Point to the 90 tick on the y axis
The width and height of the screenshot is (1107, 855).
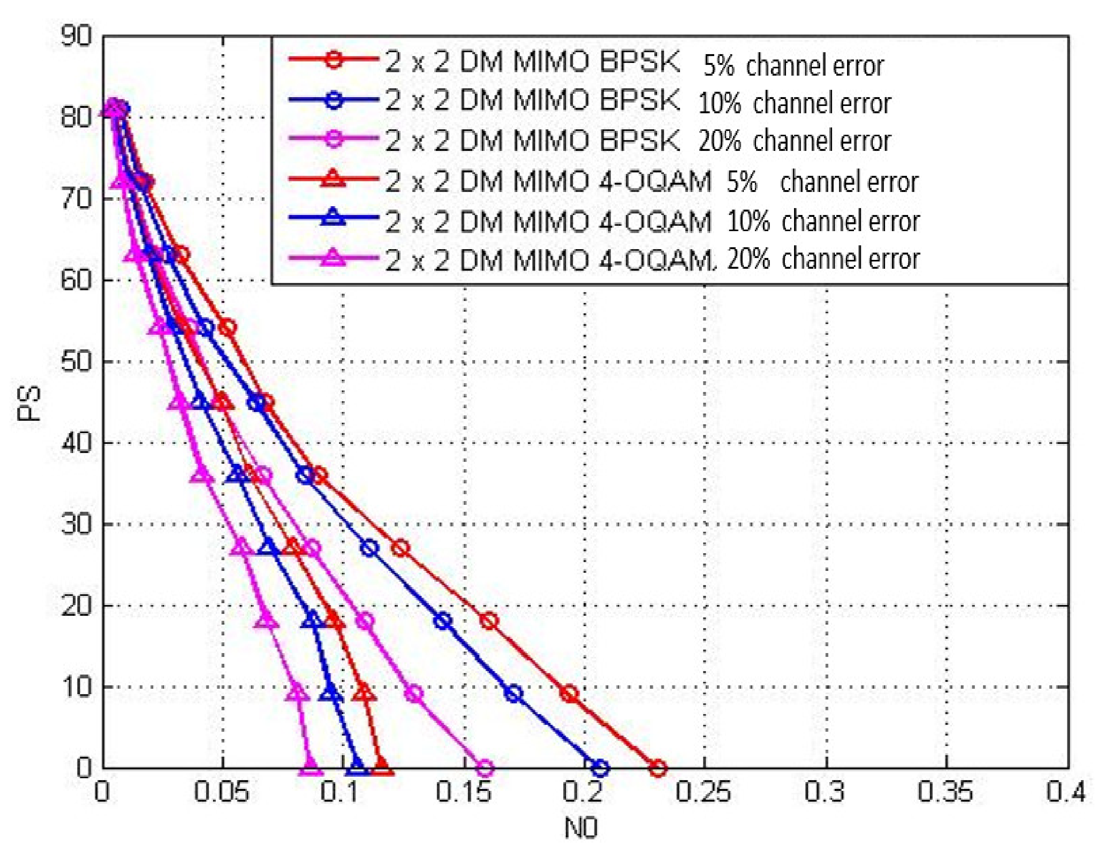(x=76, y=36)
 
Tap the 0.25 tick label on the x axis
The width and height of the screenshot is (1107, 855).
(x=703, y=792)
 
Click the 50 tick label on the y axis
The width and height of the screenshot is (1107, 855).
(x=76, y=361)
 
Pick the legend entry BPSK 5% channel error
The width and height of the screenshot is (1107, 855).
(x=583, y=63)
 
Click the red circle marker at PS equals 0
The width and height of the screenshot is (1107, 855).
(x=657, y=768)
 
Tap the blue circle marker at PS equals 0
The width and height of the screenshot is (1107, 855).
(x=600, y=768)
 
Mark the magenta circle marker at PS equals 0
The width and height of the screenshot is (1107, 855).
(x=485, y=768)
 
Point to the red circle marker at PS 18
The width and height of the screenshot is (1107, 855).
(x=489, y=621)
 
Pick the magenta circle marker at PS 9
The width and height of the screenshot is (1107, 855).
(x=415, y=694)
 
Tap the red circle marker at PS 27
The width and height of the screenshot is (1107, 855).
(x=400, y=548)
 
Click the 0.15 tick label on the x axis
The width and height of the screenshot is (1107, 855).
(x=463, y=792)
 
